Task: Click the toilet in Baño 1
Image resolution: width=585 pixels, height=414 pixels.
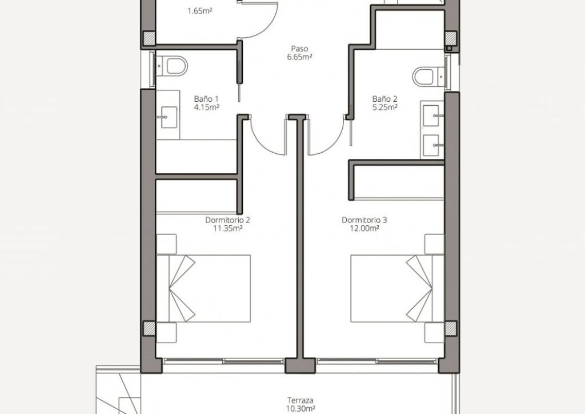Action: (171, 66)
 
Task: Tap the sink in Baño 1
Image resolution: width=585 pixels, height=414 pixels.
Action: (169, 117)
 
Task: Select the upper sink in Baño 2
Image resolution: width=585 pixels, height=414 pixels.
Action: (431, 116)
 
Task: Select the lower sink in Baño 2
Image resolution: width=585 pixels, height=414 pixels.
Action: (431, 145)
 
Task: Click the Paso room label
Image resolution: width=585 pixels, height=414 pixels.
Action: (299, 49)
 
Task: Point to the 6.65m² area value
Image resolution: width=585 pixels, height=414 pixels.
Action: (299, 57)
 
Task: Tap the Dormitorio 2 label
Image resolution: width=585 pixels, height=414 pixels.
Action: (227, 220)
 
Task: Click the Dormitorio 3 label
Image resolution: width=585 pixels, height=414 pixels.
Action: (364, 220)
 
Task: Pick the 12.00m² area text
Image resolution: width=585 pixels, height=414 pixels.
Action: (364, 229)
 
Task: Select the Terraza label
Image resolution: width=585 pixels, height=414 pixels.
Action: (300, 400)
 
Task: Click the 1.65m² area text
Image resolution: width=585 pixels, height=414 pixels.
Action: (199, 11)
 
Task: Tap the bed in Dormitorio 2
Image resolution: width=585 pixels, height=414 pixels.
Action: (203, 289)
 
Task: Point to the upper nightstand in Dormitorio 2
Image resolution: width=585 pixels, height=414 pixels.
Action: (166, 244)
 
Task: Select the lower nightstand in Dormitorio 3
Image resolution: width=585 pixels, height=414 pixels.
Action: (435, 333)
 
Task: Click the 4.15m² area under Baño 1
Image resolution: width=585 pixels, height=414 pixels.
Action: (206, 108)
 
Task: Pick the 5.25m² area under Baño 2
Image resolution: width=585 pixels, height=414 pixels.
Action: (384, 108)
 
